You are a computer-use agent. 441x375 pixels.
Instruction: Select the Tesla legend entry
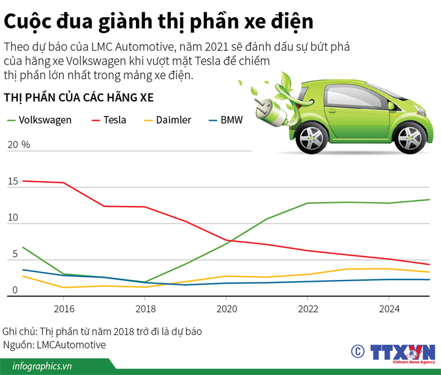(x=108, y=120)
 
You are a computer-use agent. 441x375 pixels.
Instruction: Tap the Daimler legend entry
(x=166, y=120)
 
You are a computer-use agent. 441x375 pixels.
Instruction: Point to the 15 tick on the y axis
(x=13, y=182)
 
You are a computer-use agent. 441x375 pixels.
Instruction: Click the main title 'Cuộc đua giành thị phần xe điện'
(x=159, y=21)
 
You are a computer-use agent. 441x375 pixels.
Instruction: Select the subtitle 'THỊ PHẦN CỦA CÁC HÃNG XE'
(x=78, y=98)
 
